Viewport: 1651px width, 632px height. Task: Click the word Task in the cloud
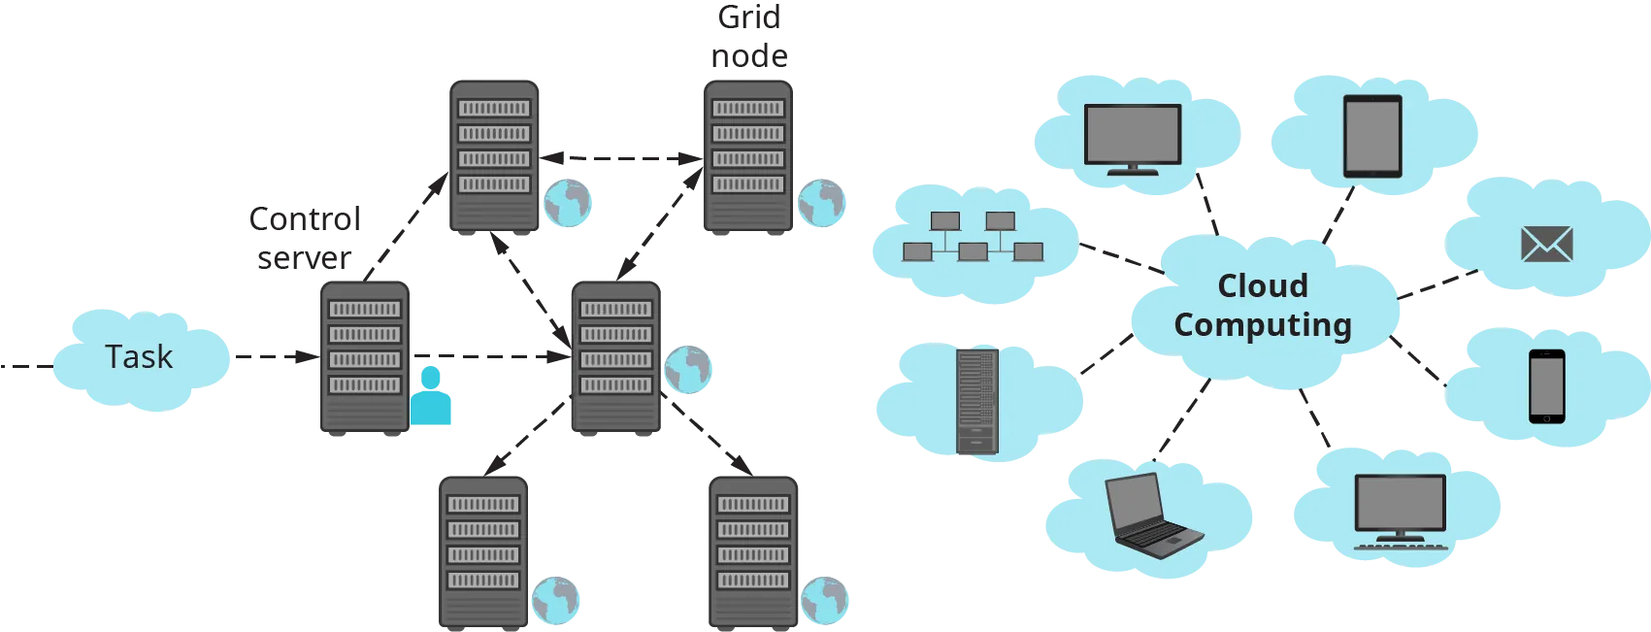pos(139,357)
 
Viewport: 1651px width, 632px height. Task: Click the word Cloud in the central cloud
pos(1262,286)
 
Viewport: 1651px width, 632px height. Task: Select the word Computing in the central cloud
pos(1262,325)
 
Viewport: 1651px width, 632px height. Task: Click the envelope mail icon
pos(1546,245)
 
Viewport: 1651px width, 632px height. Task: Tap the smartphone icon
pos(1546,386)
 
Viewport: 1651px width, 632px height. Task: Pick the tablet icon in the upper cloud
pos(1372,136)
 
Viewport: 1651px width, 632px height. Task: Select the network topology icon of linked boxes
pos(972,238)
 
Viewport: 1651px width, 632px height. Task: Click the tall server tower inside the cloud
pos(976,401)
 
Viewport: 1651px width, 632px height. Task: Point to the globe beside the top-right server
pos(820,203)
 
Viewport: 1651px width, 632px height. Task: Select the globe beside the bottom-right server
pos(824,600)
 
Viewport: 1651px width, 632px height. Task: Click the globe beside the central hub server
pos(687,369)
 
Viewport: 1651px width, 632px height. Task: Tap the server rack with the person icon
pos(364,357)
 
